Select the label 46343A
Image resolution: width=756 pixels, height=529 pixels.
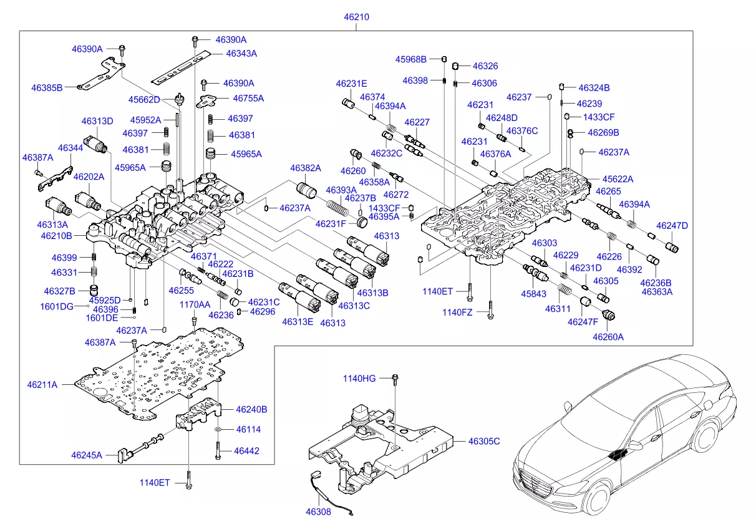coord(241,54)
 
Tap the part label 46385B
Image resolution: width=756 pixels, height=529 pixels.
coord(47,87)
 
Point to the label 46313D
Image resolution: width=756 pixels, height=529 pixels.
coord(97,121)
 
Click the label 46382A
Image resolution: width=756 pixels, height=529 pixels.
coord(305,168)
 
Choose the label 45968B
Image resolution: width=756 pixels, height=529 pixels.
coord(410,59)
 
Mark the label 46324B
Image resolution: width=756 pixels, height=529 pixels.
coord(594,88)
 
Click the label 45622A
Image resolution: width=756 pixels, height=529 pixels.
coord(618,179)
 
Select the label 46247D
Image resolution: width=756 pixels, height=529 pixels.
coord(672,225)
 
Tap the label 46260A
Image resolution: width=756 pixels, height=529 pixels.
coord(608,337)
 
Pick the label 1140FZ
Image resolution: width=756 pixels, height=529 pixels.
coord(458,312)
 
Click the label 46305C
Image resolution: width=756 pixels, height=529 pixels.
coord(484,441)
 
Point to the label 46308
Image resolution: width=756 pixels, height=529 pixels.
coord(318,512)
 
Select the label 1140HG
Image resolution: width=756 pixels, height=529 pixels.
coord(359,378)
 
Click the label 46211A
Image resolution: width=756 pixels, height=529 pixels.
coord(42,385)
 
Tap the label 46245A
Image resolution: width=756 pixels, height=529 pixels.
coord(86,455)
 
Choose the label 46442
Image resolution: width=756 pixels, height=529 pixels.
coord(246,450)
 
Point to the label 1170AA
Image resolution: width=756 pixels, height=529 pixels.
coord(195,304)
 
